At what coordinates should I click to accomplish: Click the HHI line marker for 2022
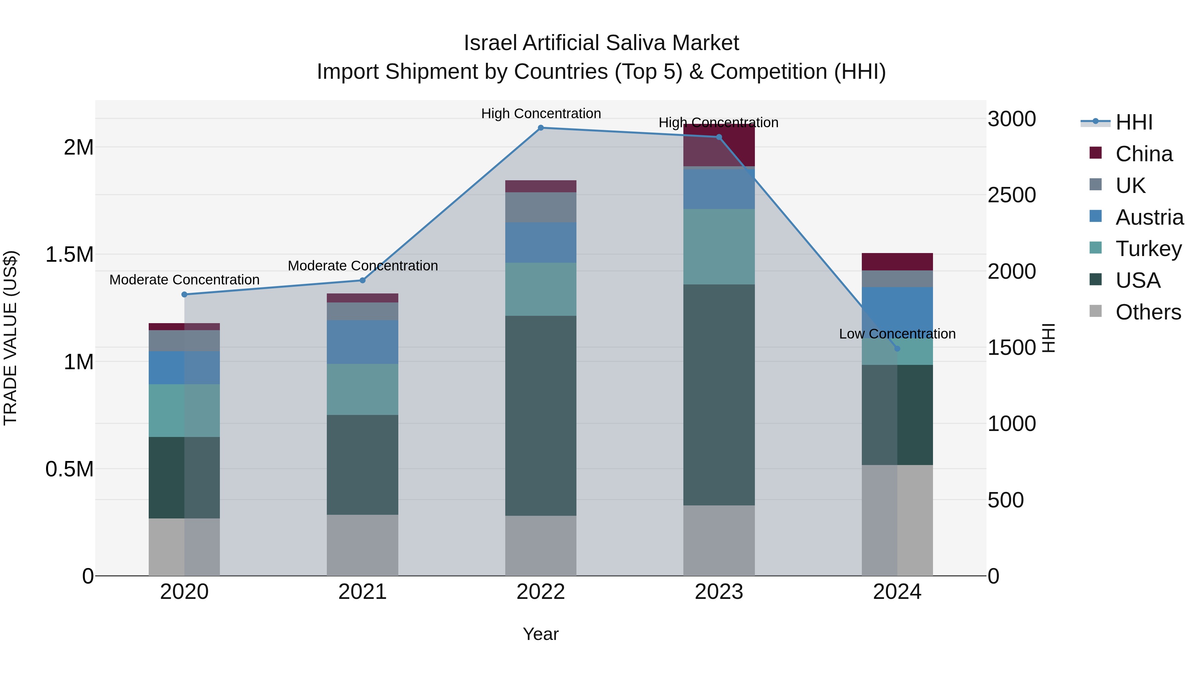541,128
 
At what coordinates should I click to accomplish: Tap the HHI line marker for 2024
897,349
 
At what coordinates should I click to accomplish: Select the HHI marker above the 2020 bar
184,294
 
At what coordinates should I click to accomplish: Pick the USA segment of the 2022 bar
541,415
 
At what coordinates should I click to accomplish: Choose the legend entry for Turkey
1148,249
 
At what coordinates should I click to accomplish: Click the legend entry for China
1143,154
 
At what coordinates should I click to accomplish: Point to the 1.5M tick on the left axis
70,255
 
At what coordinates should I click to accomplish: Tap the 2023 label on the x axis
719,592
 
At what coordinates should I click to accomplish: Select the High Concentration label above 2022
541,114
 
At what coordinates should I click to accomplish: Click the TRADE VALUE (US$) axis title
10,338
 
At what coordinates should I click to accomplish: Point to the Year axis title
541,634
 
